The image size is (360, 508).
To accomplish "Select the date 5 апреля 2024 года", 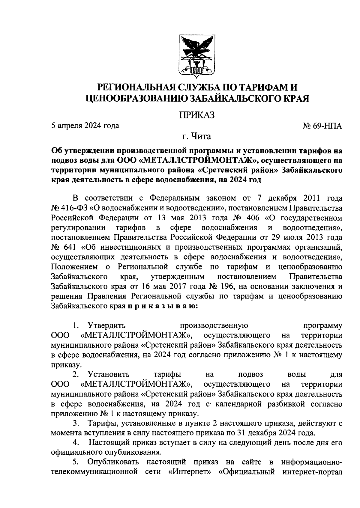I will (85, 126).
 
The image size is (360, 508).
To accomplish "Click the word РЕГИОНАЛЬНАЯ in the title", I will (133, 88).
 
